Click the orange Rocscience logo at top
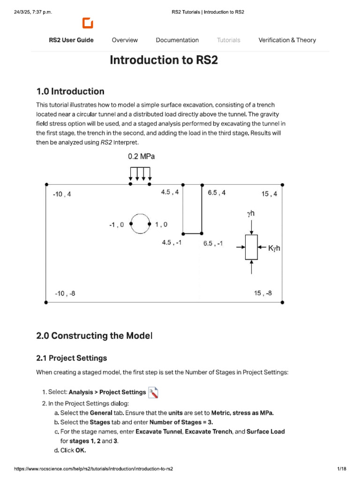(x=88, y=23)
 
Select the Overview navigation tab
(x=125, y=40)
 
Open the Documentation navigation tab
(x=177, y=40)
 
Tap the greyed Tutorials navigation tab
(x=228, y=40)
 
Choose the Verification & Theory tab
(x=287, y=40)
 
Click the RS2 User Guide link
(x=71, y=40)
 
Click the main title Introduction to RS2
(x=164, y=60)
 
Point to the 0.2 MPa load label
(x=141, y=157)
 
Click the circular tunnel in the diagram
(x=140, y=224)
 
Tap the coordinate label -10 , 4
(x=62, y=194)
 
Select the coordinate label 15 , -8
(x=262, y=293)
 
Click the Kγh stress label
(x=274, y=248)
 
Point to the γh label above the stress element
(x=251, y=214)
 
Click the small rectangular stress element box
(x=252, y=247)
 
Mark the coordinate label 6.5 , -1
(x=213, y=243)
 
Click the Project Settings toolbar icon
(x=153, y=392)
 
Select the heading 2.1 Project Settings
(x=71, y=358)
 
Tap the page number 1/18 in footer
(x=341, y=469)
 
